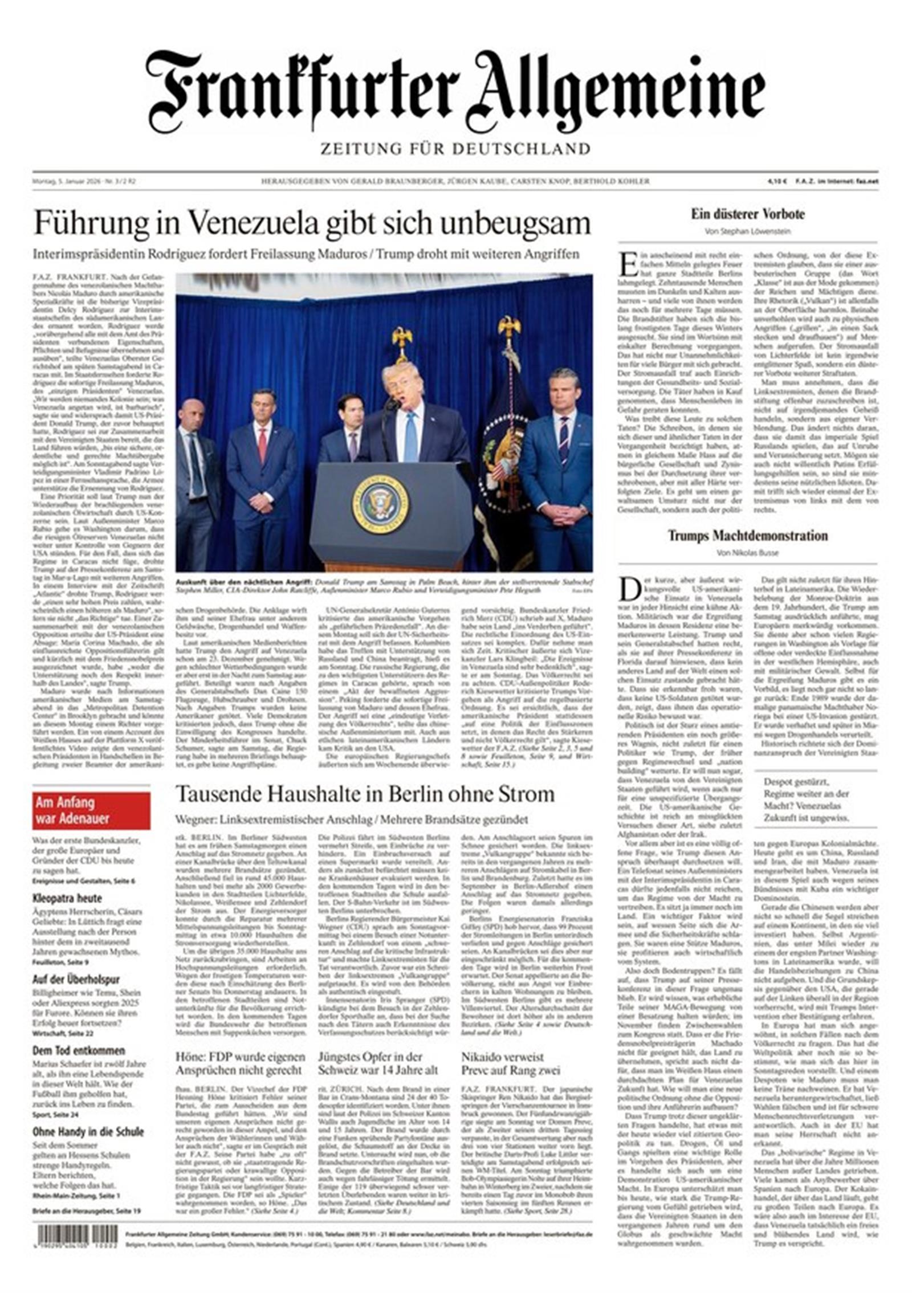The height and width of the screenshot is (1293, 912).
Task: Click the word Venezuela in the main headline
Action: point(253,223)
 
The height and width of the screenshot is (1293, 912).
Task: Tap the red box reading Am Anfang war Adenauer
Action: point(91,810)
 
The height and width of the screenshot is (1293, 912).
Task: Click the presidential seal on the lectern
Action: point(380,504)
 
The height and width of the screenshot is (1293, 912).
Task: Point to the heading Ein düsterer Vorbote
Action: point(748,215)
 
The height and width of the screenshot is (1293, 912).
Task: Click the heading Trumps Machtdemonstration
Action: point(748,536)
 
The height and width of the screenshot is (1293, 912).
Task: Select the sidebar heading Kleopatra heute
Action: point(67,898)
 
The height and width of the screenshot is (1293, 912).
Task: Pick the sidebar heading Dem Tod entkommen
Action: point(79,1050)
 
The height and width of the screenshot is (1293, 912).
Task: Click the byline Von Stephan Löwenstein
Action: point(748,231)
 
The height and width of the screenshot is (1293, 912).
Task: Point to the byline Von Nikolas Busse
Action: point(747,553)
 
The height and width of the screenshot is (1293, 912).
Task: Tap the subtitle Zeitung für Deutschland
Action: point(455,149)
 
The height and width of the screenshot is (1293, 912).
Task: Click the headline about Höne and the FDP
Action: point(239,1063)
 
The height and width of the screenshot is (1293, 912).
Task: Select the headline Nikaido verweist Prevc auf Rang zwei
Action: point(511,1063)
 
